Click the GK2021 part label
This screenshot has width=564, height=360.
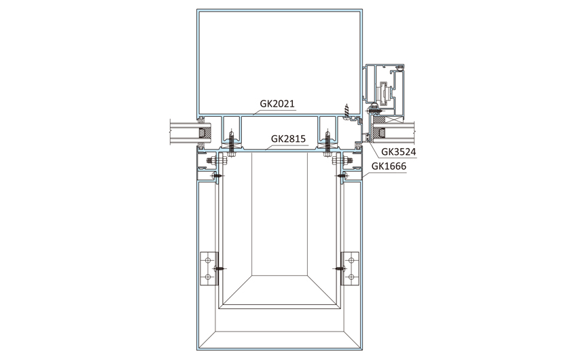coord(277,103)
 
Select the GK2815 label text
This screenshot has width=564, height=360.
coord(288,139)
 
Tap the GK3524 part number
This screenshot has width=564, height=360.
coord(399,151)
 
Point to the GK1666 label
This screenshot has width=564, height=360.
coord(389,166)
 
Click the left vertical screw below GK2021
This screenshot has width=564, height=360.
coord(231,143)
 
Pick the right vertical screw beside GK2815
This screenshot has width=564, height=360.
coord(328,143)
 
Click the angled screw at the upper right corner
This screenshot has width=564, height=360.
coord(347,110)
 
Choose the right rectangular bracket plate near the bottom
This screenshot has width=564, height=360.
coord(350,269)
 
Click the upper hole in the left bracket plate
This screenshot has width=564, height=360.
coord(207,260)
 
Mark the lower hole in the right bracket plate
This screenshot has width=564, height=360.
coord(351,277)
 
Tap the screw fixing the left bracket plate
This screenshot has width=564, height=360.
coord(219,268)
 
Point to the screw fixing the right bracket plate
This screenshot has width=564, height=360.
coord(340,268)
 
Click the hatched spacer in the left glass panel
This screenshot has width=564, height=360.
coord(206,133)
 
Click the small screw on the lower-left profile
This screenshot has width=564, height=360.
coord(217,175)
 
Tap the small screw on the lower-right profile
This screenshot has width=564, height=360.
coord(341,175)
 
